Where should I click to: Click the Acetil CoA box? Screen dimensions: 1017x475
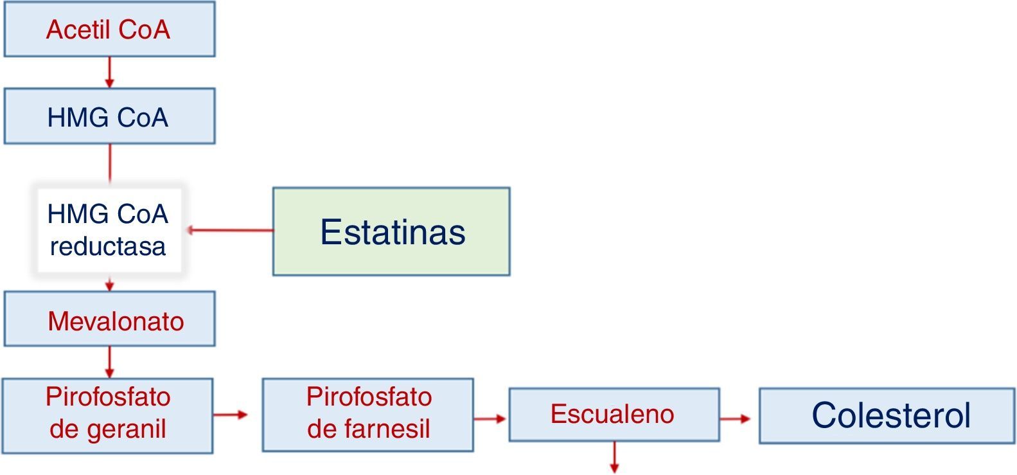click(x=109, y=30)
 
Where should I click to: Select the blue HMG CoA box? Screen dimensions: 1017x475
click(x=109, y=116)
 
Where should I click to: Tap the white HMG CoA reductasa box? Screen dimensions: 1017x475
click(x=108, y=230)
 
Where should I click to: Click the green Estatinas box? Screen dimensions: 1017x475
click(x=391, y=231)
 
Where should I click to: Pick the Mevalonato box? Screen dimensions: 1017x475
click(x=109, y=319)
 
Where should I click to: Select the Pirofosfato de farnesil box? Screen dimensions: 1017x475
click(x=367, y=415)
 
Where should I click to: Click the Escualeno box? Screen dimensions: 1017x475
click(x=614, y=415)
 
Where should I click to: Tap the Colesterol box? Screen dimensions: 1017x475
click(x=887, y=415)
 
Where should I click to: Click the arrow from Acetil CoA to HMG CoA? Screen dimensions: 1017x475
click(x=109, y=72)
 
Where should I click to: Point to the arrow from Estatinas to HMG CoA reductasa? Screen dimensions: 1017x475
click(x=229, y=229)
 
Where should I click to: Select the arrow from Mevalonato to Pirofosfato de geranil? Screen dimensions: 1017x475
click(x=109, y=362)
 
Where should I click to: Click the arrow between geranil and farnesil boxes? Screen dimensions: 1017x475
click(x=230, y=415)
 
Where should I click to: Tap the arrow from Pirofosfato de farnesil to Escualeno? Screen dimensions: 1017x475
click(x=490, y=419)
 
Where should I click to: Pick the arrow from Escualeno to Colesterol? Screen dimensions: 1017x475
click(x=735, y=419)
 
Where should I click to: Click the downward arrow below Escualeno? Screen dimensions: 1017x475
click(x=614, y=457)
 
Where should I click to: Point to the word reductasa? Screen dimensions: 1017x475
click(x=108, y=246)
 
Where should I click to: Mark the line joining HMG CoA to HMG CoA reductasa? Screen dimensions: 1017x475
click(x=109, y=163)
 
